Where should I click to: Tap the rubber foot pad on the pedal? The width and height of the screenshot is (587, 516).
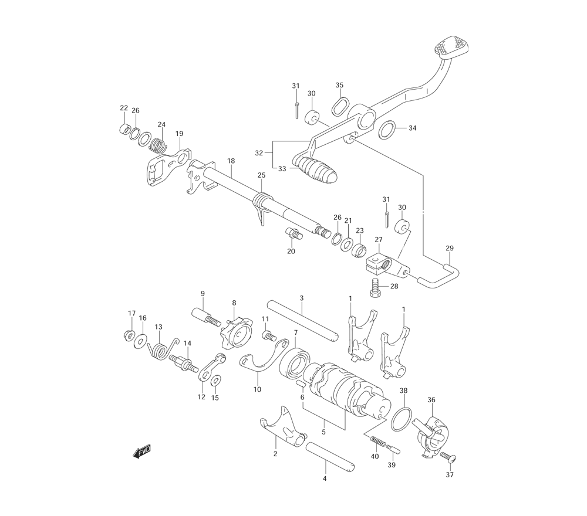[x=451, y=46]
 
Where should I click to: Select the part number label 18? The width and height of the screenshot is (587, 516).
[x=231, y=161]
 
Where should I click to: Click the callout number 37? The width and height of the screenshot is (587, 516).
[x=450, y=474]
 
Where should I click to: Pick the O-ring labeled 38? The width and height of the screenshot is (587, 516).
[x=402, y=419]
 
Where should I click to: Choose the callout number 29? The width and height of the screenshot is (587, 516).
[x=450, y=248]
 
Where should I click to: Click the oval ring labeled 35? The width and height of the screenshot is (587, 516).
[x=340, y=106]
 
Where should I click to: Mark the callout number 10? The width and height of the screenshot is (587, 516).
[x=257, y=389]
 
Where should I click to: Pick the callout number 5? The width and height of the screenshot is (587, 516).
[x=323, y=432]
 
